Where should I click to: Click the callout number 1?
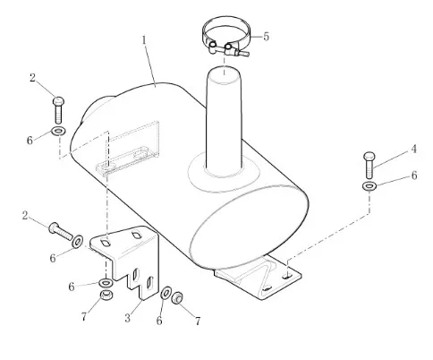(144, 40)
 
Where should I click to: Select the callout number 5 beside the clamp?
(266, 37)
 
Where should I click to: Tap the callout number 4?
(413, 149)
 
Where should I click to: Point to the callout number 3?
(128, 318)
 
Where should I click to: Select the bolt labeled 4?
(369, 165)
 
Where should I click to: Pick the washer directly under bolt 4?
(369, 186)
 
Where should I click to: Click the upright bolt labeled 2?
(59, 110)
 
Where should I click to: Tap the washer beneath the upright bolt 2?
(59, 131)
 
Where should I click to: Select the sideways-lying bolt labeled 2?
(61, 231)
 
